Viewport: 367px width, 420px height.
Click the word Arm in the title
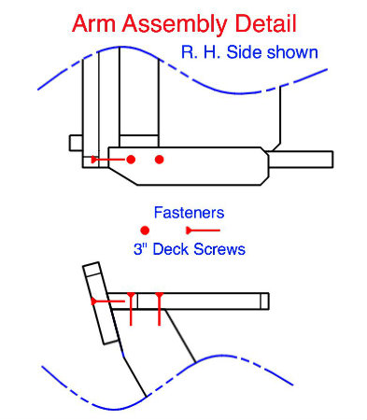tap(94, 23)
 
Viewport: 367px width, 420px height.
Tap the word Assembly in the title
tap(175, 25)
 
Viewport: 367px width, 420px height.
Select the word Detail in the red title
tap(265, 23)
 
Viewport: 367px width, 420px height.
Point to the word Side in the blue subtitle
tap(244, 52)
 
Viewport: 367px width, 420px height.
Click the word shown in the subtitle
tap(292, 52)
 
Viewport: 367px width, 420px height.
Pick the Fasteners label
tap(189, 213)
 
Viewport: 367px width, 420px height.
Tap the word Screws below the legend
tap(219, 249)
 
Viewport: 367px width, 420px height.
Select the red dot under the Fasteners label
tap(145, 231)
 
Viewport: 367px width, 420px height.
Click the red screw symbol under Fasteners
tap(203, 231)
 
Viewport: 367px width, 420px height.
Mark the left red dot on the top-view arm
tap(131, 160)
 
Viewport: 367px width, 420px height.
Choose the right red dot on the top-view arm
tap(159, 160)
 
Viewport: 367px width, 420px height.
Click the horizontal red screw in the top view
tap(108, 160)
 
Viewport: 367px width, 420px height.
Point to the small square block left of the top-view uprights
tap(76, 143)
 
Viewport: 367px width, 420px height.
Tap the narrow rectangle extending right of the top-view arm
tap(301, 160)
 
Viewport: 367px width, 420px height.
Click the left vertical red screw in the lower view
tap(131, 309)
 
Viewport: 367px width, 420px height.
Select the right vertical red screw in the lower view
tap(160, 309)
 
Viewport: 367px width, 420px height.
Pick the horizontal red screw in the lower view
tap(108, 301)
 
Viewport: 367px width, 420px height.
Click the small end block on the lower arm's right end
tap(264, 301)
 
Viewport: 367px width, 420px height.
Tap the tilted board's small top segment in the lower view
tap(92, 270)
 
